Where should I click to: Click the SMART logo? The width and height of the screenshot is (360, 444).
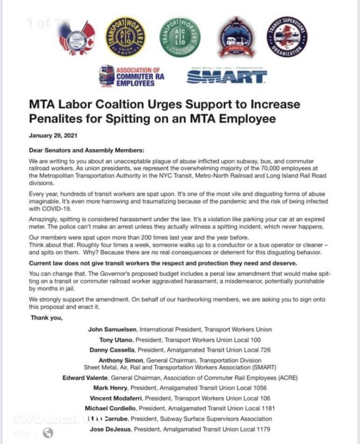[226, 77]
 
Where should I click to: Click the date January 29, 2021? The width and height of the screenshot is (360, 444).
[53, 135]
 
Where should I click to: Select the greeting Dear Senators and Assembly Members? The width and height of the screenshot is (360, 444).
[86, 150]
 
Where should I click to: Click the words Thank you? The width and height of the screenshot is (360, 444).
[47, 318]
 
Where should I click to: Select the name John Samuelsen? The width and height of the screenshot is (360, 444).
[113, 330]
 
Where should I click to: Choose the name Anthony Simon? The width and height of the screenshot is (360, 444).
[121, 361]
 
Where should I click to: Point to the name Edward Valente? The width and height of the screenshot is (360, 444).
[85, 378]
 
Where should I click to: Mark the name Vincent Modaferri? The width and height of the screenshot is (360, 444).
[116, 398]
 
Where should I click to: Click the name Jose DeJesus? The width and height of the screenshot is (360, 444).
[110, 429]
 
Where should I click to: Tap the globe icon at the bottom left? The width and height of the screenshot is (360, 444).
[48, 433]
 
